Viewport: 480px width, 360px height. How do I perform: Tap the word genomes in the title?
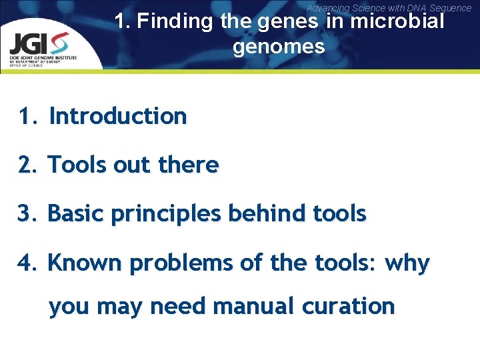click(x=279, y=47)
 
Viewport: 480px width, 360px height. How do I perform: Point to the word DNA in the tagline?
click(x=403, y=8)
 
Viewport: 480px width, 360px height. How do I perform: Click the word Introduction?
click(x=118, y=116)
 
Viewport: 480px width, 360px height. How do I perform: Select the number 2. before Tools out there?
click(x=29, y=165)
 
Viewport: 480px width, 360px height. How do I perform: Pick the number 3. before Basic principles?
click(x=29, y=214)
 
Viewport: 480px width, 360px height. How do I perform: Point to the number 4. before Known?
click(x=29, y=263)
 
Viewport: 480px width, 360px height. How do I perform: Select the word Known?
click(x=85, y=263)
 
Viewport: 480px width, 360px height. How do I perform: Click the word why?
click(x=410, y=264)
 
